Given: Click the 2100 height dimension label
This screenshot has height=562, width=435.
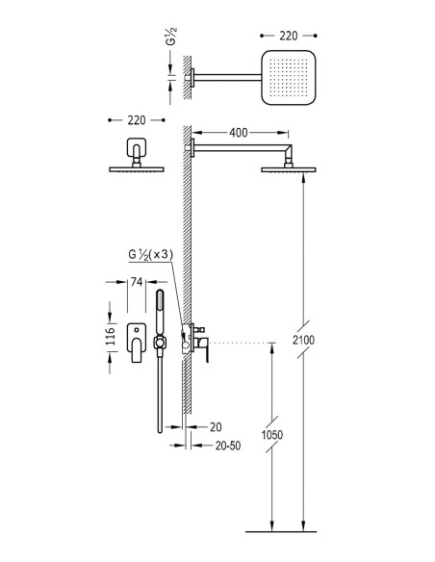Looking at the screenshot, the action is click(x=303, y=340).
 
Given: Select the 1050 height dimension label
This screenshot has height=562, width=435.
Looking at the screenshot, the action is click(x=272, y=435).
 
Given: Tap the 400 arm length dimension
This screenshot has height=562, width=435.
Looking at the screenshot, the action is click(x=239, y=133).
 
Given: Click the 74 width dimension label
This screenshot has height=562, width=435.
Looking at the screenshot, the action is click(x=137, y=282).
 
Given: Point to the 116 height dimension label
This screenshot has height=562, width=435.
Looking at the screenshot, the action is click(x=111, y=336).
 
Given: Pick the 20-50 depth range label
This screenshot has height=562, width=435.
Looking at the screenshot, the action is click(x=228, y=446).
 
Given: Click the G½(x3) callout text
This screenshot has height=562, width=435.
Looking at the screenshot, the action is click(x=151, y=255).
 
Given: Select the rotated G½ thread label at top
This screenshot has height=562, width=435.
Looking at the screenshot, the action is click(x=172, y=36).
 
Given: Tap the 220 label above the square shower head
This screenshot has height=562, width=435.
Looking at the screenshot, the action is click(x=289, y=36).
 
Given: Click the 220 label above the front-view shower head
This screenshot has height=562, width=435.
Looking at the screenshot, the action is click(x=137, y=120).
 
